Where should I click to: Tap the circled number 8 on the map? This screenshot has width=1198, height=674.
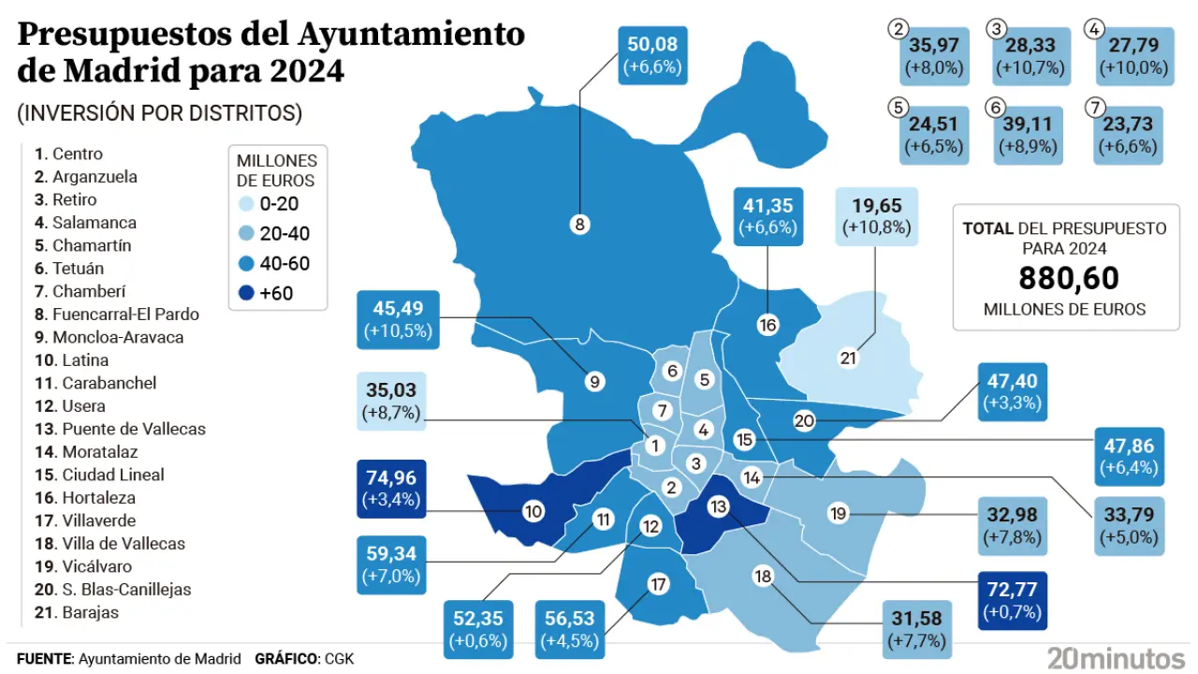[579, 224]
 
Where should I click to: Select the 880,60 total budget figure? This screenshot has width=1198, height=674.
[1068, 278]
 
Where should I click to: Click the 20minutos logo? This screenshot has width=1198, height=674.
[1117, 657]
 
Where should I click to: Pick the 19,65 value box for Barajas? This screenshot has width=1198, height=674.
[876, 217]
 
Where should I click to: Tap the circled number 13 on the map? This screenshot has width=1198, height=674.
[719, 506]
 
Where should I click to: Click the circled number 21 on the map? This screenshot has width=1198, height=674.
[848, 358]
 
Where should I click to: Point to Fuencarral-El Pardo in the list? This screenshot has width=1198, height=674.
[125, 315]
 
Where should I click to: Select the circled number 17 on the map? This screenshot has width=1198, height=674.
[658, 585]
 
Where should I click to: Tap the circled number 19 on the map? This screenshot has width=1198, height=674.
[838, 513]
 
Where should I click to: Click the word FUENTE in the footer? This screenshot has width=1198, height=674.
[44, 658]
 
